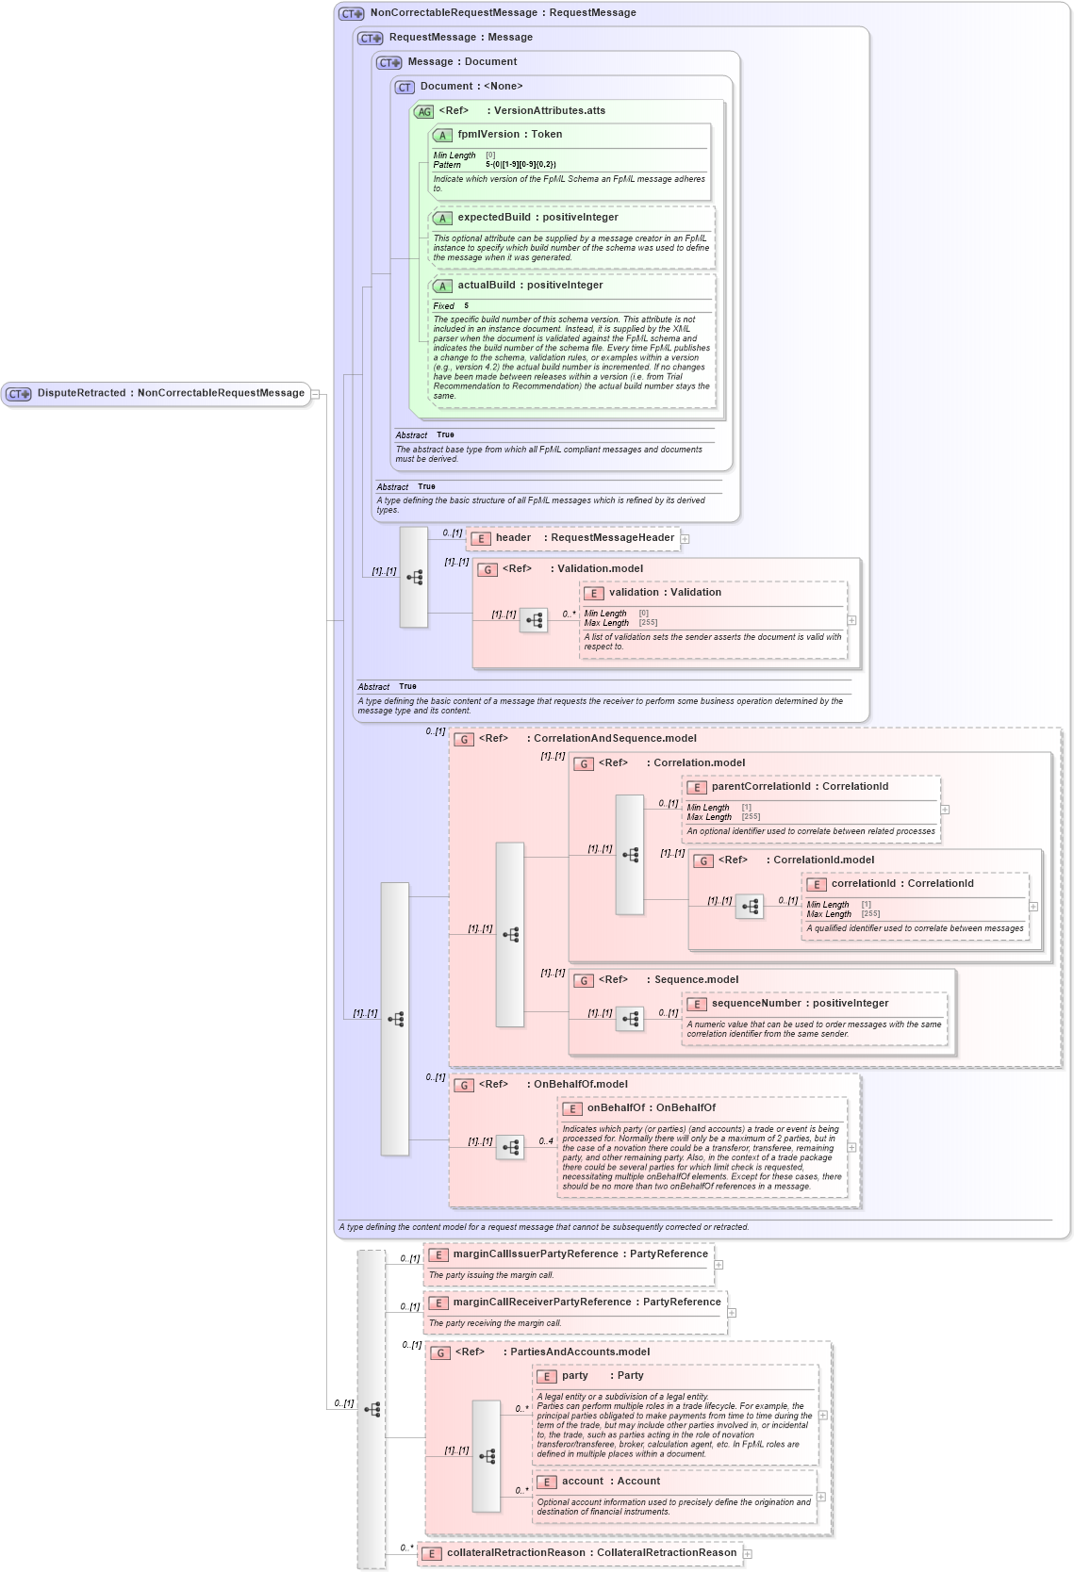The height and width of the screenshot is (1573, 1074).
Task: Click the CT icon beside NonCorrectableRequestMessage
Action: [352, 13]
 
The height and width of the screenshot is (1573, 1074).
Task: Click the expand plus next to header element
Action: [686, 539]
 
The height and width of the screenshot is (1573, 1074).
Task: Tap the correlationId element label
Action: [901, 884]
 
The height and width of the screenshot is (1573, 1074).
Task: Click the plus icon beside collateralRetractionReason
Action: [748, 1553]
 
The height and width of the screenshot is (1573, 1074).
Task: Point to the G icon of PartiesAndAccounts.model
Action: [440, 1352]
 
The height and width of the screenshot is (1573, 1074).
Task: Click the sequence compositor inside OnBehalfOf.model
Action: [510, 1147]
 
